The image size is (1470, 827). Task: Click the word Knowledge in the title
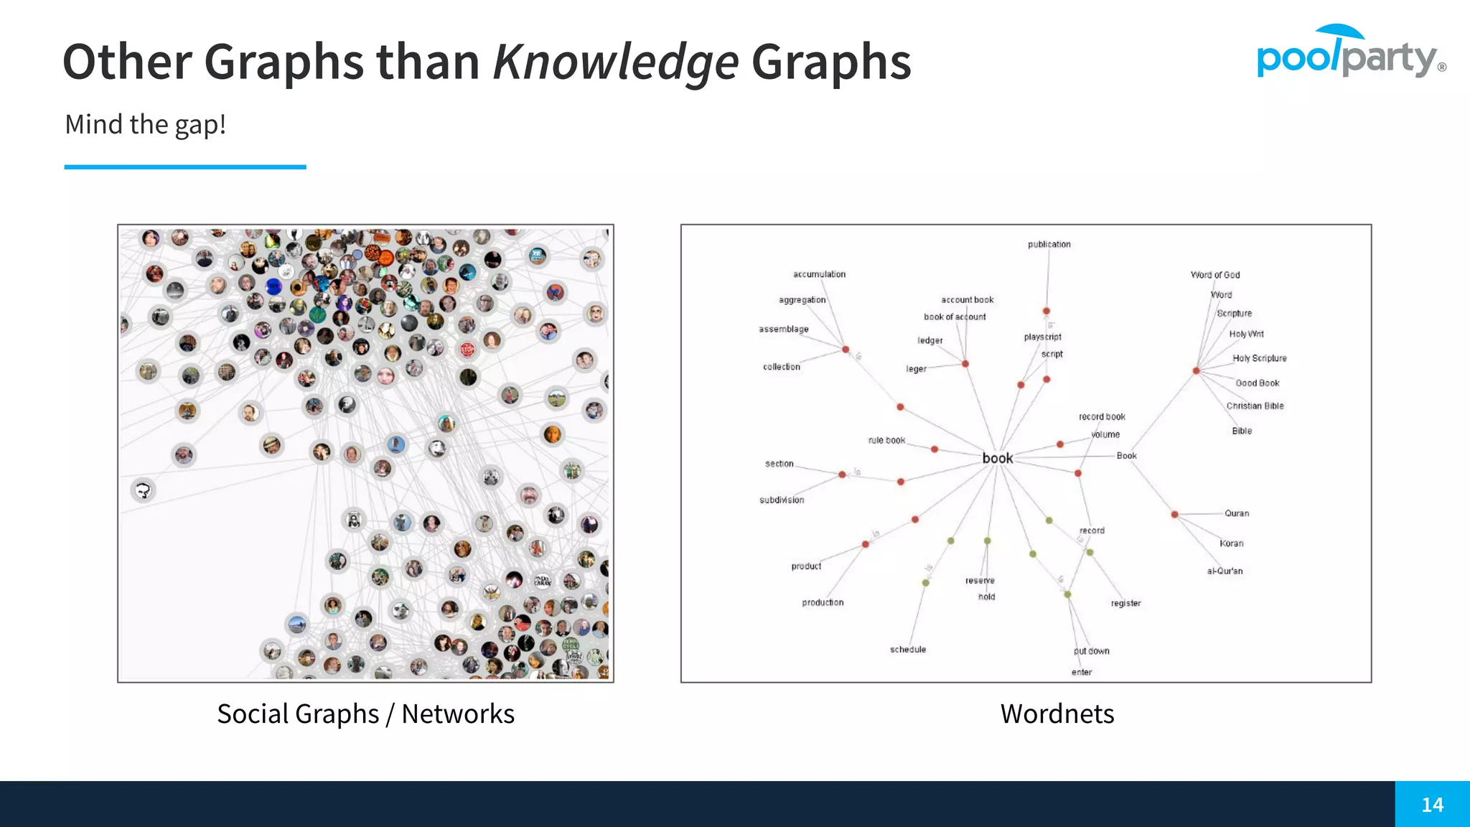pyautogui.click(x=615, y=62)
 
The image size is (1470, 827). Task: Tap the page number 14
pyautogui.click(x=1432, y=805)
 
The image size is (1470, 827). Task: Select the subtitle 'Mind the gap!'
pyautogui.click(x=146, y=125)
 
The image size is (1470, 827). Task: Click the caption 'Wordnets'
pyautogui.click(x=1057, y=714)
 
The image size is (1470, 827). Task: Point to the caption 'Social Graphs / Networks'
pyautogui.click(x=365, y=714)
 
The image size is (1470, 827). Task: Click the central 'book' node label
pyautogui.click(x=998, y=458)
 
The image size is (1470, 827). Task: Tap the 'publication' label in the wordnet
pyautogui.click(x=1049, y=245)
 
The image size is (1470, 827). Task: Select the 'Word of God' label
pyautogui.click(x=1214, y=275)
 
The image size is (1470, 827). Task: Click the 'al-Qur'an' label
pyautogui.click(x=1225, y=571)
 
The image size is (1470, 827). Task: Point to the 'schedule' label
pyautogui.click(x=908, y=650)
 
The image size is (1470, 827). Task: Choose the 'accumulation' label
pyautogui.click(x=819, y=274)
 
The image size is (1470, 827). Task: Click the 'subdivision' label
pyautogui.click(x=782, y=500)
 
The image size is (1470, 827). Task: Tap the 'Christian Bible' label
pyautogui.click(x=1255, y=406)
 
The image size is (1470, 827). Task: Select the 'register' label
pyautogui.click(x=1125, y=604)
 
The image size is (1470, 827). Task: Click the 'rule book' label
pyautogui.click(x=886, y=441)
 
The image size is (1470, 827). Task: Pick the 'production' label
pyautogui.click(x=823, y=603)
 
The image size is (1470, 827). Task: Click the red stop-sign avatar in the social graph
pyautogui.click(x=467, y=350)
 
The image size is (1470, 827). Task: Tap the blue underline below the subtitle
pyautogui.click(x=185, y=167)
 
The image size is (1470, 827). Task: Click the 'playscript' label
pyautogui.click(x=1042, y=337)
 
